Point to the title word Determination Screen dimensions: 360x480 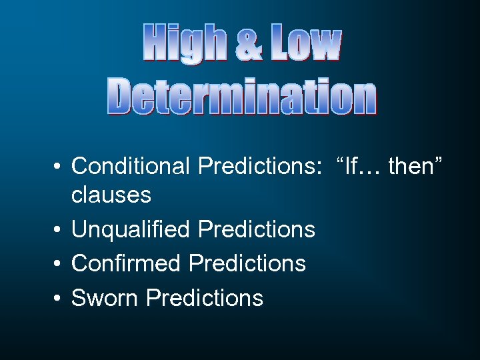tap(242, 97)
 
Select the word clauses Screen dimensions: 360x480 tap(111, 195)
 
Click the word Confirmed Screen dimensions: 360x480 tap(126, 263)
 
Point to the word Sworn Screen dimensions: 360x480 tap(105, 297)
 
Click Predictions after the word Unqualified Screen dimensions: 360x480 tap(257, 229)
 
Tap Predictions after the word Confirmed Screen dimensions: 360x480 tap(247, 263)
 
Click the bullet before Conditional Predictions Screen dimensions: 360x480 tap(59, 167)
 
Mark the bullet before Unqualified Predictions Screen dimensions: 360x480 tap(59, 231)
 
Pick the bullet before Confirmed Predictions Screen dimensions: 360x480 tap(59, 265)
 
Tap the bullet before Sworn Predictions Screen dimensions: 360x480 tap(59, 299)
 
